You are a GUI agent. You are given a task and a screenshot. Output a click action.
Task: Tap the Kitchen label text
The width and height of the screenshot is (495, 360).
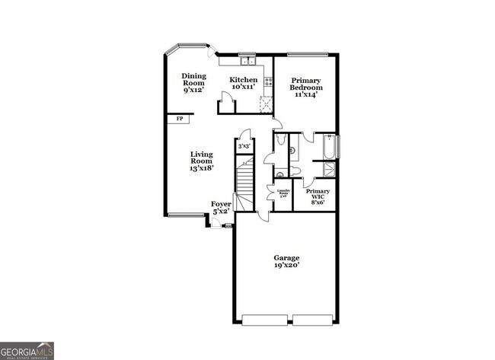pos(244,80)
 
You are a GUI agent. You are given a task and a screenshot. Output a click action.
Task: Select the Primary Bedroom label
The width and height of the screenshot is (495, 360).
pos(305,84)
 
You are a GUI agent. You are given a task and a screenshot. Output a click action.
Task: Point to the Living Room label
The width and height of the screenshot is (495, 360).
pos(201,158)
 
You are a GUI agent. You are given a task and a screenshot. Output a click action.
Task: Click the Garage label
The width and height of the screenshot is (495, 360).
pos(286,258)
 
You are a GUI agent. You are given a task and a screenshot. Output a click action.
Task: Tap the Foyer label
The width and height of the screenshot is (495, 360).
pos(221,204)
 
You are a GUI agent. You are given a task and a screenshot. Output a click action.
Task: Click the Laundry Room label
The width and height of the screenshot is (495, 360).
pos(283,193)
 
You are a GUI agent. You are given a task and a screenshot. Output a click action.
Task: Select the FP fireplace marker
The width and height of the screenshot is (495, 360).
pos(180,119)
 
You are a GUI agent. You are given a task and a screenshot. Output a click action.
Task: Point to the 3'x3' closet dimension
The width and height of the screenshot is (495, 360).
pos(244,146)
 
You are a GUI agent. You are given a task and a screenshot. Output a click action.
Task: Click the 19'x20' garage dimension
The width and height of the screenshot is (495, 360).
pos(286,266)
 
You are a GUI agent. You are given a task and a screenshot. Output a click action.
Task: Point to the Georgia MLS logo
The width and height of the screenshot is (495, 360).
pos(27,351)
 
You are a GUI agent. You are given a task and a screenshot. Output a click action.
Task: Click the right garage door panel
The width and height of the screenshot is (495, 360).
pos(313,320)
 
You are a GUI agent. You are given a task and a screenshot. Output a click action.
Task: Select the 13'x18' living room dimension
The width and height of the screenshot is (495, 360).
pos(201,167)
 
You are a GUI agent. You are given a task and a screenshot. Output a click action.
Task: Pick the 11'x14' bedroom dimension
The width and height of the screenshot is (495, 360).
pos(305,94)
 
